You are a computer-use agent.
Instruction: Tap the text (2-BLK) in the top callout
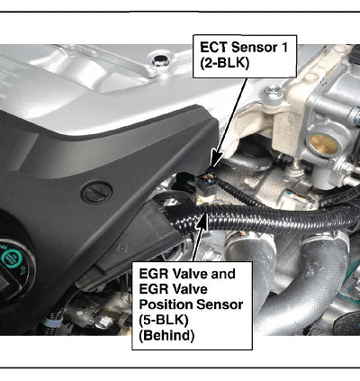click(x=224, y=63)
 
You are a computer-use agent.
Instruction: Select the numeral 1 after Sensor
click(x=283, y=47)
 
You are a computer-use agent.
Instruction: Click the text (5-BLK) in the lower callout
click(x=164, y=320)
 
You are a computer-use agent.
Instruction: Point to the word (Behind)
click(x=166, y=335)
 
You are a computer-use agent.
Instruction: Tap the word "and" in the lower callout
click(x=223, y=274)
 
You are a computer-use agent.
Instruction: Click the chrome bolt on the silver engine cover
click(x=159, y=61)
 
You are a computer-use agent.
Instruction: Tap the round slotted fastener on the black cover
click(x=97, y=192)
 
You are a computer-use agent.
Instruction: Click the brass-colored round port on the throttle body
click(x=323, y=144)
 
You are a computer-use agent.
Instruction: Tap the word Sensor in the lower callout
click(x=220, y=304)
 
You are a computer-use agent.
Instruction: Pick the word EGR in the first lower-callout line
click(x=153, y=274)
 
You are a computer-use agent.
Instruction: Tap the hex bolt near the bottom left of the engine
click(x=103, y=322)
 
